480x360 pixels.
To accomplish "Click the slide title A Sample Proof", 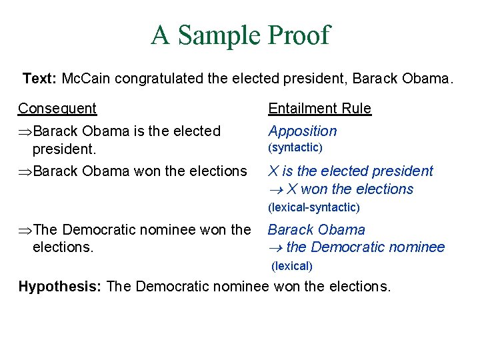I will click(x=240, y=35).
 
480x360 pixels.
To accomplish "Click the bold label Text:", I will click(x=39, y=79).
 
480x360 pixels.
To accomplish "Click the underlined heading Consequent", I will click(x=57, y=108).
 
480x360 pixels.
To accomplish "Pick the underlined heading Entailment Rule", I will click(x=319, y=108).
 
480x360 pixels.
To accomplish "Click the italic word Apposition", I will click(x=302, y=131).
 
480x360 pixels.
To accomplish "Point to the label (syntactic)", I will click(x=295, y=147).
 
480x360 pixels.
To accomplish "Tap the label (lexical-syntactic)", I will click(x=313, y=207).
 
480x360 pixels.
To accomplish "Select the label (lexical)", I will click(x=292, y=266).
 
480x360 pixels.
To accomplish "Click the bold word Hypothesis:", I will click(x=59, y=287).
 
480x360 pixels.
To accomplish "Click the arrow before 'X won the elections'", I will click(x=275, y=190).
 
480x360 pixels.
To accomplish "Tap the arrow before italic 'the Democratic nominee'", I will click(x=275, y=248).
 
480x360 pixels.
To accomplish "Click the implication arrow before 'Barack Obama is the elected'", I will click(x=25, y=131).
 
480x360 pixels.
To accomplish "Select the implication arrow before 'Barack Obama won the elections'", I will click(x=25, y=171).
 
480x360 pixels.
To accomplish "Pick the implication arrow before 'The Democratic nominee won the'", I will click(x=25, y=230).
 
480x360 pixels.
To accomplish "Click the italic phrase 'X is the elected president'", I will click(x=350, y=171).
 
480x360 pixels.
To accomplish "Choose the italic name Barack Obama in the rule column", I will click(x=317, y=230).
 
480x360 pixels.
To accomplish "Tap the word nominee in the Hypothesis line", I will click(x=244, y=287).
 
